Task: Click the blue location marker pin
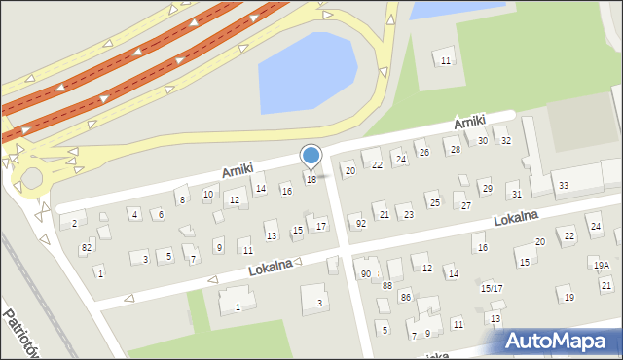pyautogui.click(x=311, y=156)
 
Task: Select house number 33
pyautogui.click(x=563, y=185)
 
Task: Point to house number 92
pyautogui.click(x=361, y=224)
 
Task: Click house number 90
pyautogui.click(x=366, y=273)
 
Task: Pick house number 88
pyautogui.click(x=386, y=285)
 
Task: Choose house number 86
pyautogui.click(x=405, y=296)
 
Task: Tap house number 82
pyautogui.click(x=87, y=248)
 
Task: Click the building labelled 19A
pyautogui.click(x=602, y=265)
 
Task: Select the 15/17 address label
pyautogui.click(x=491, y=288)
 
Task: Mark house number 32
pyautogui.click(x=505, y=141)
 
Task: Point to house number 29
pyautogui.click(x=486, y=188)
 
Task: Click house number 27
pyautogui.click(x=466, y=205)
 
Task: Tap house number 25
pyautogui.click(x=434, y=202)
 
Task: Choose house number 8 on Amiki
pyautogui.click(x=182, y=200)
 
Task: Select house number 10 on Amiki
pyautogui.click(x=208, y=195)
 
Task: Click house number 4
pyautogui.click(x=134, y=214)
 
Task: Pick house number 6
pyautogui.click(x=161, y=214)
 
